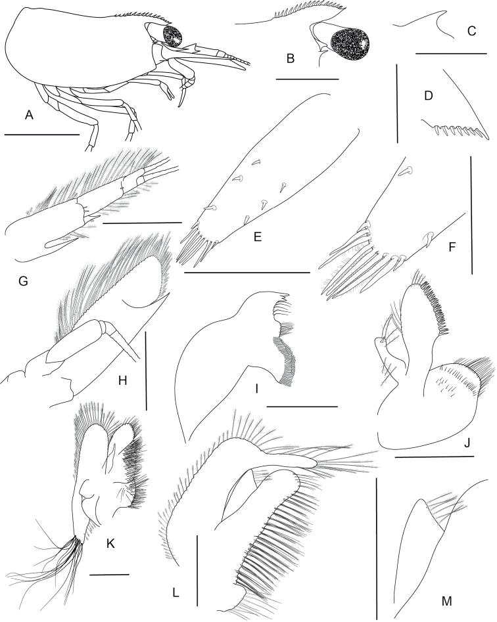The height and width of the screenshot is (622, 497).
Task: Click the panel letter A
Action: coord(28,115)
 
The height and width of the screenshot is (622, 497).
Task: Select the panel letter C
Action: coord(471,31)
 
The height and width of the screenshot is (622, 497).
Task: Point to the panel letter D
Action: coord(429,96)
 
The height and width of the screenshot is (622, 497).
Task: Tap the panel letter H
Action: coord(123,380)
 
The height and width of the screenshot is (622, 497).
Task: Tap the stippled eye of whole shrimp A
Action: coord(172,35)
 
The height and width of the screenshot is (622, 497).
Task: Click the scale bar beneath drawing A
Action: coord(41,135)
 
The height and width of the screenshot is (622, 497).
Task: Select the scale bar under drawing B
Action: coord(307,79)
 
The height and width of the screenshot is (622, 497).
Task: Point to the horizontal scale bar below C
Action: coord(451,53)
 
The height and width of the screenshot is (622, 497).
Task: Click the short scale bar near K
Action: coord(109,574)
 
